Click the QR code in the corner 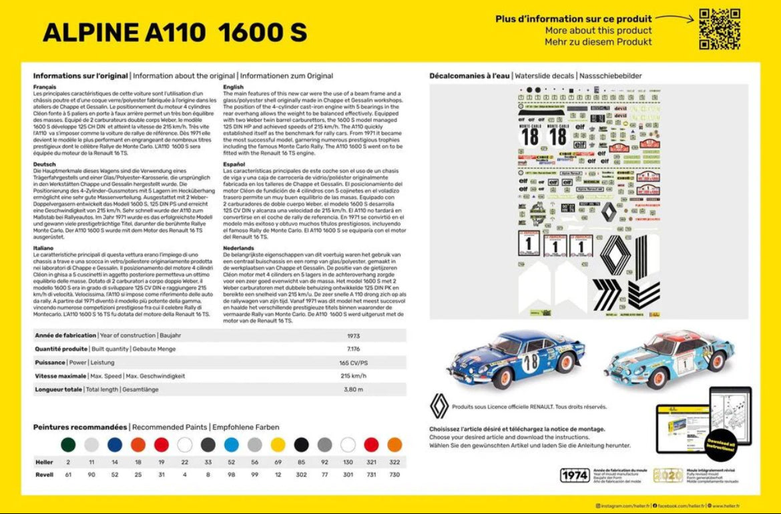[x=719, y=29]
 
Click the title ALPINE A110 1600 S [x=175, y=32]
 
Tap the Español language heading [x=234, y=164]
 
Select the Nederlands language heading [x=239, y=248]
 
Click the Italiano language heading [x=43, y=248]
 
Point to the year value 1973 [x=354, y=335]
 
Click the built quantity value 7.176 [x=354, y=349]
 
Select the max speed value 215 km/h [x=354, y=376]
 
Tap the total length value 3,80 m [x=354, y=389]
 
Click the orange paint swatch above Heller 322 [x=395, y=445]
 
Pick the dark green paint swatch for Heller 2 [x=68, y=445]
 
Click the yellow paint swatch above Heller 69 [x=278, y=445]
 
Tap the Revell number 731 [x=371, y=474]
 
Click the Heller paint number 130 [x=348, y=461]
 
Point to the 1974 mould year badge [x=575, y=475]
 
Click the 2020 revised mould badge [x=668, y=475]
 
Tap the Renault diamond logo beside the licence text [x=439, y=405]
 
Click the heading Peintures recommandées [x=80, y=427]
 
